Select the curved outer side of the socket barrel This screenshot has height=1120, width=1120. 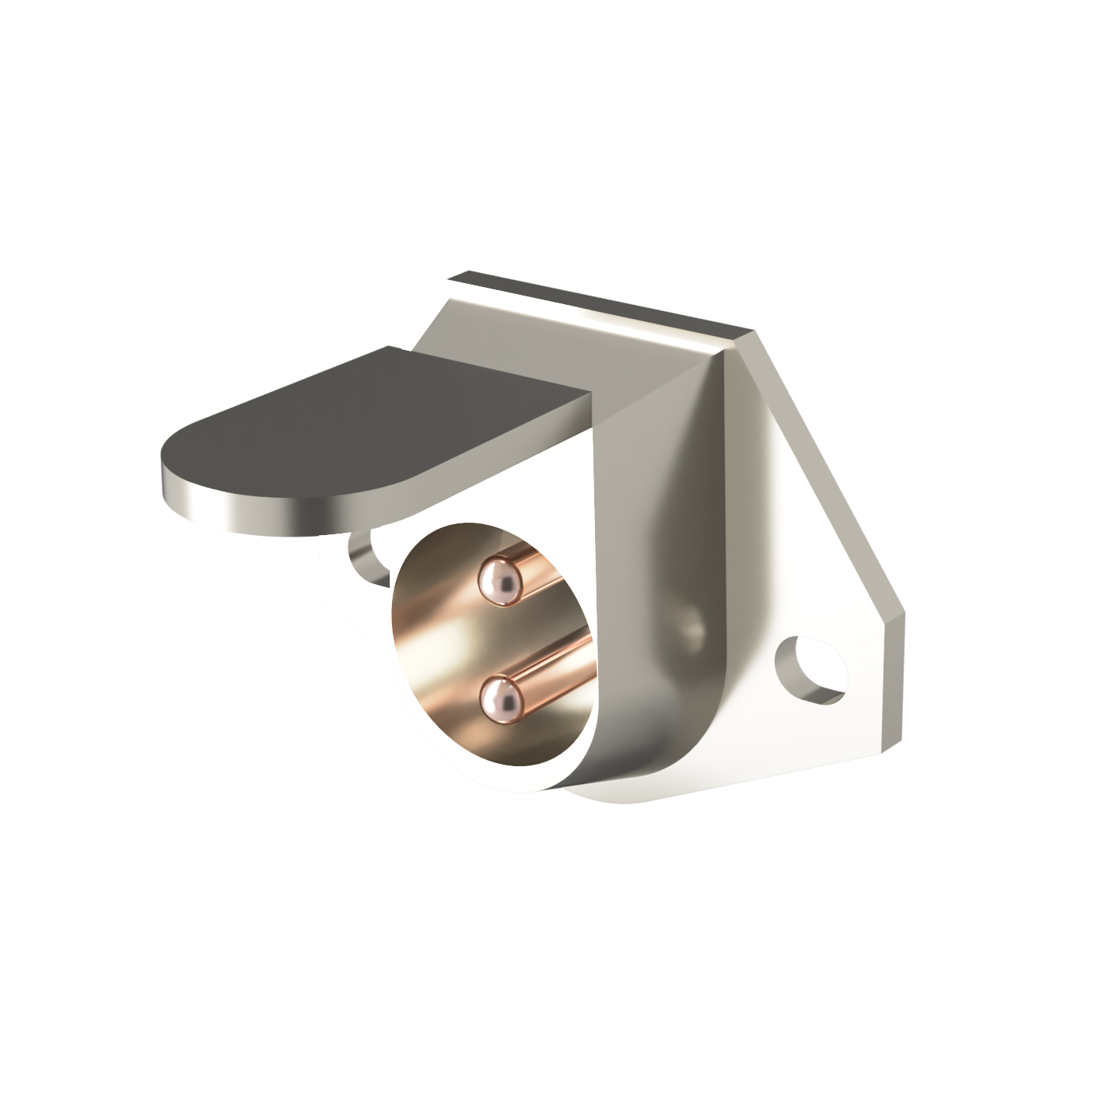pyautogui.click(x=661, y=700)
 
